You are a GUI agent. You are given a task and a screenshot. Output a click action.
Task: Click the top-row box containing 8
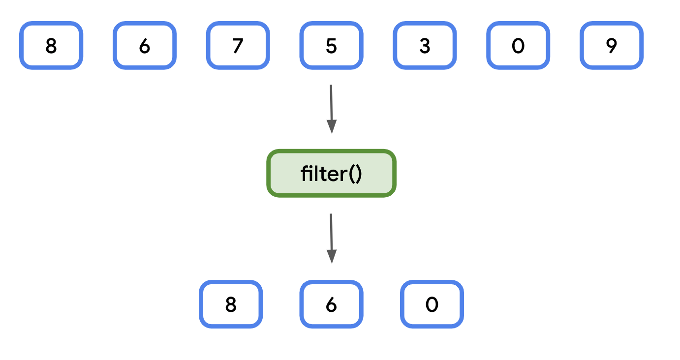(x=51, y=46)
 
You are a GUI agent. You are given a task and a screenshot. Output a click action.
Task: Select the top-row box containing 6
(x=145, y=46)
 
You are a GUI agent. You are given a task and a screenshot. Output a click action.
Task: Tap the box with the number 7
(x=238, y=46)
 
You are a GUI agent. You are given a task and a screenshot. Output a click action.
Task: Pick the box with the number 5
(x=332, y=46)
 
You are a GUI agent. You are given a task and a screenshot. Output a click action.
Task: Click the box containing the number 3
(x=425, y=46)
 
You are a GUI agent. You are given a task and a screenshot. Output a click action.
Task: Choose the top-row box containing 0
(x=518, y=46)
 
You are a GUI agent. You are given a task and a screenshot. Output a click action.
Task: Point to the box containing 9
(x=612, y=46)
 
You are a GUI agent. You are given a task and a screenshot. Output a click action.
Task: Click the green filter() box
(x=331, y=174)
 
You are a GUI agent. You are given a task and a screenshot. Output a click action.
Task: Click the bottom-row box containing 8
(x=231, y=304)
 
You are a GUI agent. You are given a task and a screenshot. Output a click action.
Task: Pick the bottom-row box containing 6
(x=331, y=304)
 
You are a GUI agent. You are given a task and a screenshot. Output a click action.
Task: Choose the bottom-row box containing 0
(x=432, y=304)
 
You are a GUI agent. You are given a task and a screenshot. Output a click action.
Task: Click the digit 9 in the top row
(x=612, y=46)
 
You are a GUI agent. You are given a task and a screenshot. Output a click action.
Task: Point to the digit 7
(x=238, y=46)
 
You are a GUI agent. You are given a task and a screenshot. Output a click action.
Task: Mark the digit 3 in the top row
(x=425, y=46)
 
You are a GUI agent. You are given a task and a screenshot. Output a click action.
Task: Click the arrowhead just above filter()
(x=332, y=127)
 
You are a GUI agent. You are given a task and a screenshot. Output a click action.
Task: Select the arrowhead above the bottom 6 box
(x=332, y=257)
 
